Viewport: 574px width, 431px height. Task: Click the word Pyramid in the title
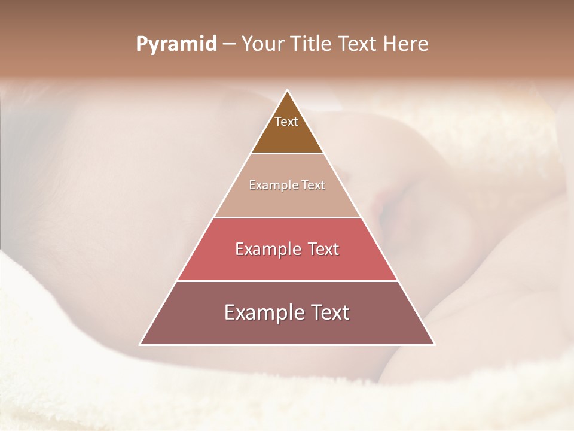pos(176,44)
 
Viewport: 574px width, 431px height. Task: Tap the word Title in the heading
pos(314,44)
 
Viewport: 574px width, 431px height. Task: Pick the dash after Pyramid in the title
pos(229,44)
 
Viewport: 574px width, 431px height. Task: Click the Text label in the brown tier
pos(286,122)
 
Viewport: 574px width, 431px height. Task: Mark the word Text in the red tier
pos(323,249)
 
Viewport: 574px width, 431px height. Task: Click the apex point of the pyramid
pos(287,90)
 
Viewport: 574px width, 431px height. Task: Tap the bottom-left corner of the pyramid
pos(141,345)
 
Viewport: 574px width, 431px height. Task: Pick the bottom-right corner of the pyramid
pos(434,345)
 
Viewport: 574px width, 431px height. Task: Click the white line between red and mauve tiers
pos(287,281)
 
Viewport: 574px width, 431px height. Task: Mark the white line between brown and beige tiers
pos(287,154)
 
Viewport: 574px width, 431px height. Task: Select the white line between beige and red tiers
pos(287,217)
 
